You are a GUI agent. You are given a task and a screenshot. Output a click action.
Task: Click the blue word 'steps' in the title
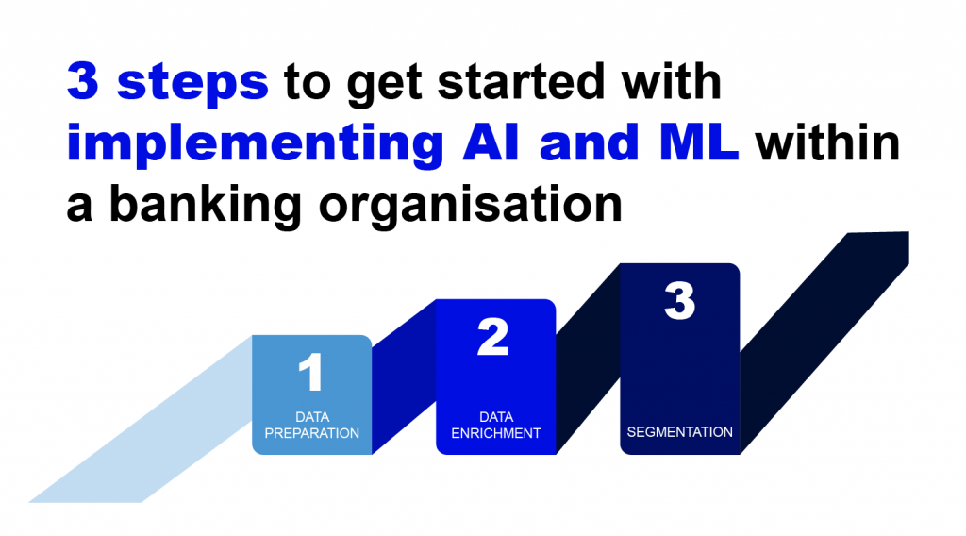click(192, 84)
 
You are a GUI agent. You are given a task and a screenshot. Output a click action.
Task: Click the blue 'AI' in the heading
click(491, 142)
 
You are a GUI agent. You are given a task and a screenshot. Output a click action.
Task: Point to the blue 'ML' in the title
click(698, 142)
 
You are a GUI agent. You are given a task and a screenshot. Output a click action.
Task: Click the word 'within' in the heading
click(828, 142)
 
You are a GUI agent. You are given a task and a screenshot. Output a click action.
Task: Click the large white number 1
click(311, 372)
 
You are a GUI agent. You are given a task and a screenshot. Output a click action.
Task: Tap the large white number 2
click(493, 336)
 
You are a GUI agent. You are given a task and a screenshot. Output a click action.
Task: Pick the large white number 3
click(679, 301)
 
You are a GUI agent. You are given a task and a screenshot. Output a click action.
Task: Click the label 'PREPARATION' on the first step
click(311, 433)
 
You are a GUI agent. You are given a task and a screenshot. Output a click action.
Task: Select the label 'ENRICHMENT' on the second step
click(496, 433)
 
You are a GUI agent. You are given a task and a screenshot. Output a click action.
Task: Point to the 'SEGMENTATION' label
click(679, 432)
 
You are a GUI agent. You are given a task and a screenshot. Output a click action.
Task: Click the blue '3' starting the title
click(83, 81)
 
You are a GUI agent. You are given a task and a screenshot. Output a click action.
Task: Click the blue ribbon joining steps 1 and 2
click(404, 377)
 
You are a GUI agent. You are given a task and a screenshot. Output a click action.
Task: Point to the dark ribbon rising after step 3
click(824, 343)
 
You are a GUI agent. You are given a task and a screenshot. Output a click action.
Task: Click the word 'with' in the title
click(672, 81)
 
